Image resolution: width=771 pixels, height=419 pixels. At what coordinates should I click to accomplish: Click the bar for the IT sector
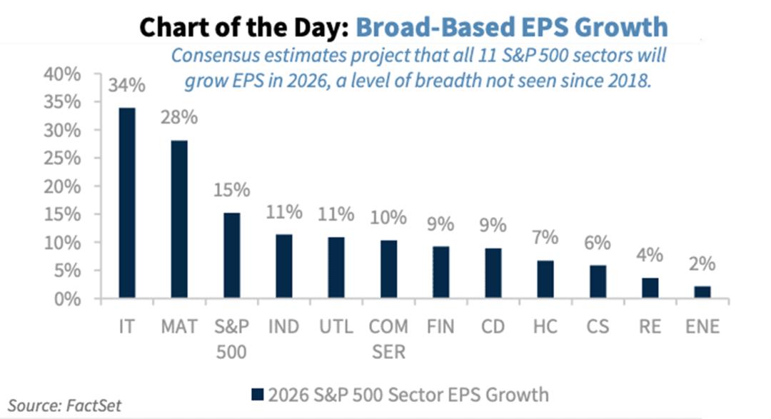tap(127, 203)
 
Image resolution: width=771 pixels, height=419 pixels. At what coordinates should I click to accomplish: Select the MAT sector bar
tap(179, 219)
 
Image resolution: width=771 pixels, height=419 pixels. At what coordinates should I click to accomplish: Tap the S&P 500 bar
tap(231, 256)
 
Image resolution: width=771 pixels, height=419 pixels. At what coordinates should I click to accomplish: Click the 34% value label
tap(127, 87)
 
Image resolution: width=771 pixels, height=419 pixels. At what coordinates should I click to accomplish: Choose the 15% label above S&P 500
tap(231, 191)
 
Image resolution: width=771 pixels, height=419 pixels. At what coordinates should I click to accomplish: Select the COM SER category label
tap(388, 339)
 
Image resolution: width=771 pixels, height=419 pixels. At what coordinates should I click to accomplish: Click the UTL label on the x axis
tap(336, 328)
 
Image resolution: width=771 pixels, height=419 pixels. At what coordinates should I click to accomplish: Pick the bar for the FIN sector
tap(440, 273)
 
